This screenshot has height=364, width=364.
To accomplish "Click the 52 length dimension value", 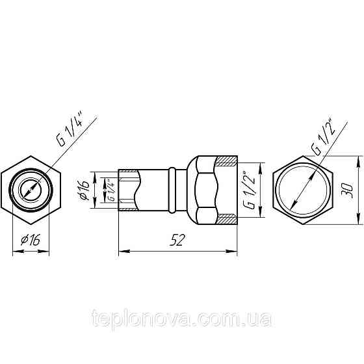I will [x=175, y=239].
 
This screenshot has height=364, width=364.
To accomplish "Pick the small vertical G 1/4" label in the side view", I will [x=111, y=190].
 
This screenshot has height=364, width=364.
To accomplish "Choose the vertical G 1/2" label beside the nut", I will [x=247, y=189].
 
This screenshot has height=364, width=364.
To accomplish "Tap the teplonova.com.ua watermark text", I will [x=183, y=320].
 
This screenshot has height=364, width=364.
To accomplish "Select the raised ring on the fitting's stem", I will [x=172, y=189].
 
